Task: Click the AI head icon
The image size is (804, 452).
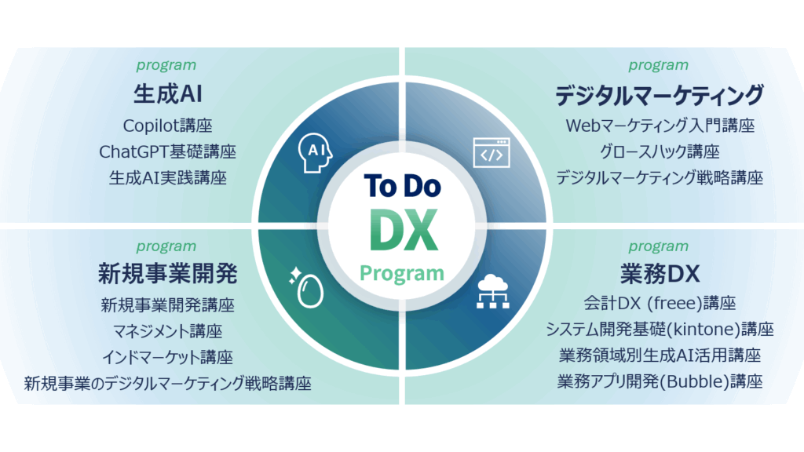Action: coord(315,153)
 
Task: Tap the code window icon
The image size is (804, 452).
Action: coord(492,153)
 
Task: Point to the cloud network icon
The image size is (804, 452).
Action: coord(493,292)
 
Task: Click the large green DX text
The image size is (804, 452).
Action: coord(404,230)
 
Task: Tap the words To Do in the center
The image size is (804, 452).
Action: coord(403,185)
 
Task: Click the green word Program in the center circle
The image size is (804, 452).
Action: coord(402,274)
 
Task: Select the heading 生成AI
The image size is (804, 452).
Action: coord(168,94)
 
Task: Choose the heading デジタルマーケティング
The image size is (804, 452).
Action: coord(660,95)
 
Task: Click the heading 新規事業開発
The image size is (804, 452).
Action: coord(168,274)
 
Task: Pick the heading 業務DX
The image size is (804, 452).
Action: coord(660,274)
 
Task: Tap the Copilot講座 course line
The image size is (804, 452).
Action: coord(168,126)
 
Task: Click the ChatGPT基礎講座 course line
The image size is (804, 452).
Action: coord(168,151)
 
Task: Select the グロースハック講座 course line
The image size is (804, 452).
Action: coord(660,151)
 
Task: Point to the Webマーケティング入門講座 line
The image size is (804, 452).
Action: coord(660,126)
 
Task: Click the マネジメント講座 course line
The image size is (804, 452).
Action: coord(168,331)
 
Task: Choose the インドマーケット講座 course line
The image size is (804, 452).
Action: coord(168,357)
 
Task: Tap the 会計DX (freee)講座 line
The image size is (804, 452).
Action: coord(660,304)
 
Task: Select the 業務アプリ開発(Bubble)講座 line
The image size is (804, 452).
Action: coord(660,381)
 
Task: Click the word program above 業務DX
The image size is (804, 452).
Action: coord(659,246)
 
